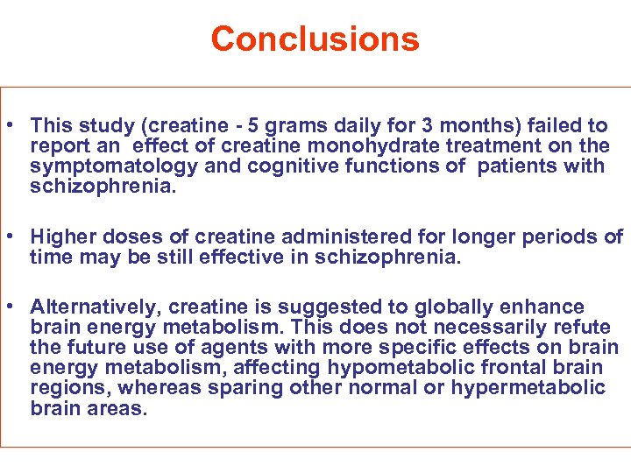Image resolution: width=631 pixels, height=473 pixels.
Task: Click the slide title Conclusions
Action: point(315,39)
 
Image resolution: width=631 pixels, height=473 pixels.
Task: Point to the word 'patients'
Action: point(519,166)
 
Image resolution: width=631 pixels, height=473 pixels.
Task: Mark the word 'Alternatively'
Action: point(96,307)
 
